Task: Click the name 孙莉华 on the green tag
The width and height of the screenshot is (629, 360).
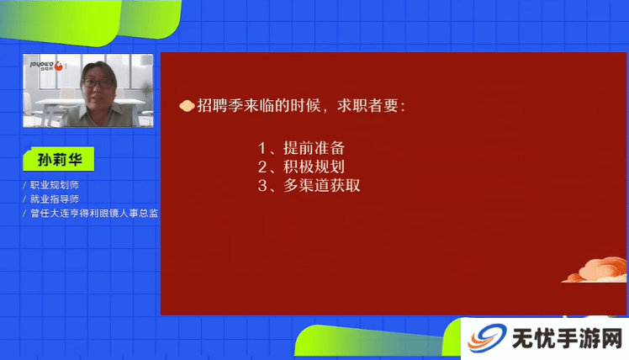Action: coord(60,160)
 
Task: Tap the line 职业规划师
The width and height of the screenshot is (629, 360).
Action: coord(55,185)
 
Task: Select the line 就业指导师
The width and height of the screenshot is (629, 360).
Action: coord(55,199)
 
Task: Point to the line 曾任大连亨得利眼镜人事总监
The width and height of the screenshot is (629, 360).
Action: coord(94,213)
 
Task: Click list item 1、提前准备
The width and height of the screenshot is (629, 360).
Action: coord(301,148)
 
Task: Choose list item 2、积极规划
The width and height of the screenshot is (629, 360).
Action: coord(301,167)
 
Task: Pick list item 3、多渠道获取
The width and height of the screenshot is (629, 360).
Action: coord(309,185)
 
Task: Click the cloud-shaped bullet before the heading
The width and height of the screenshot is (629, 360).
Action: coord(187,106)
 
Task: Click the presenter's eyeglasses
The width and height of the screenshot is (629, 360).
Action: coord(98,83)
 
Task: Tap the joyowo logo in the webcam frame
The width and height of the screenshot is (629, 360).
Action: coord(46,66)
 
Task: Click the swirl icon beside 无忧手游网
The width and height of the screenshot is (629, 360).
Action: coord(487,337)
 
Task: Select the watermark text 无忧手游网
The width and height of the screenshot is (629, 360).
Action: coord(568,338)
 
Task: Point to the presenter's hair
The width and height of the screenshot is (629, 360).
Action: coord(99,69)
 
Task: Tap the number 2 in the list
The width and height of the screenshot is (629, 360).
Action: coord(262,167)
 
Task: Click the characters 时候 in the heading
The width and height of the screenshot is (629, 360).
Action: coord(306,105)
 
